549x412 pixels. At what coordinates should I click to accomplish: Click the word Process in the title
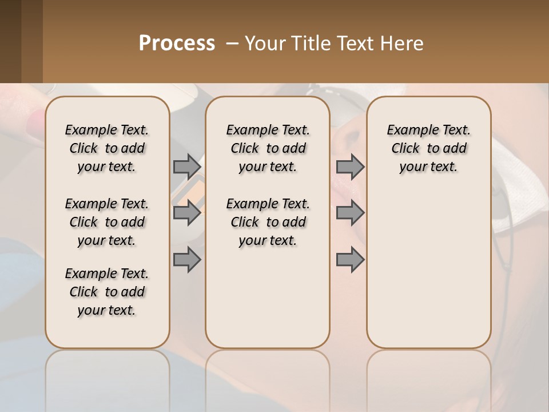pos(177,43)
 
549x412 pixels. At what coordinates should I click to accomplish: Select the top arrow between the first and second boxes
pos(187,167)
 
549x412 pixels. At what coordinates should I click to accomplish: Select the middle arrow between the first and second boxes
pos(187,213)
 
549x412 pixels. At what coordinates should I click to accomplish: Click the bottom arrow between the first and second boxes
pos(187,260)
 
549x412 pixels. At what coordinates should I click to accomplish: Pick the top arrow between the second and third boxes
pos(350,167)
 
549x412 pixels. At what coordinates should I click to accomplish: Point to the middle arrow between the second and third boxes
pos(350,213)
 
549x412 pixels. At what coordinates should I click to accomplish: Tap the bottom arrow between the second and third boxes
pos(350,260)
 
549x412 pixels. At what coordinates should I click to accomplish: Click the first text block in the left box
pos(107,148)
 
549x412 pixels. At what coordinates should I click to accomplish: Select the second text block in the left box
pos(107,222)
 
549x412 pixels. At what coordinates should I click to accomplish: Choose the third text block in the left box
pos(107,292)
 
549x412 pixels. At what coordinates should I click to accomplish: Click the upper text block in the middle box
pos(268,148)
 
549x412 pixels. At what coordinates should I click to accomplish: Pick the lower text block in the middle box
pos(268,222)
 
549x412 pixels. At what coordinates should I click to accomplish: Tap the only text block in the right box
pos(428,148)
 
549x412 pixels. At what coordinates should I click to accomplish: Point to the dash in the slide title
pos(232,43)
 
